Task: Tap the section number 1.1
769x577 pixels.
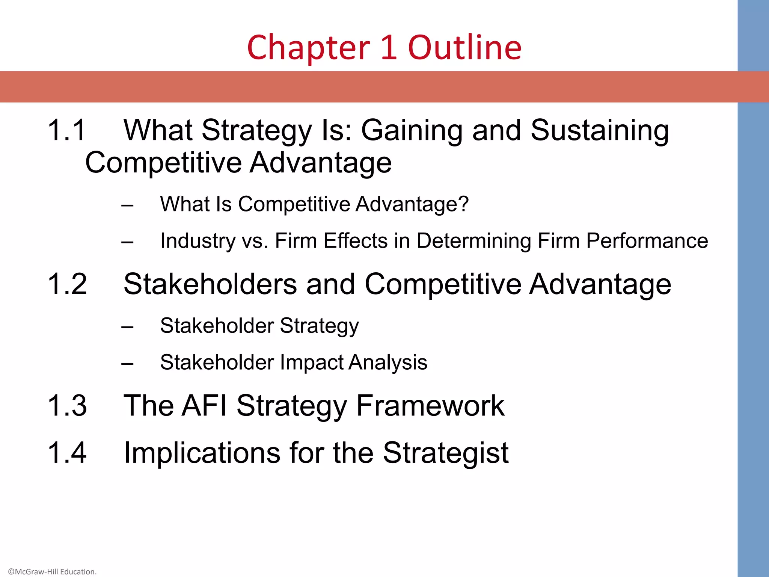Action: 67,130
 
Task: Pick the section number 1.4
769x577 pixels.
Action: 67,453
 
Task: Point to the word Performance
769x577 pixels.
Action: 647,241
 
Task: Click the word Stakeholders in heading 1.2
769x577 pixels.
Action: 210,284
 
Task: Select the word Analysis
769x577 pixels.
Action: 388,363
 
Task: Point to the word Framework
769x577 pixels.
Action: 430,406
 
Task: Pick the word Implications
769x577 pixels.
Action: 202,453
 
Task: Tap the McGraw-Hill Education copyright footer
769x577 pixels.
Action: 52,572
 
